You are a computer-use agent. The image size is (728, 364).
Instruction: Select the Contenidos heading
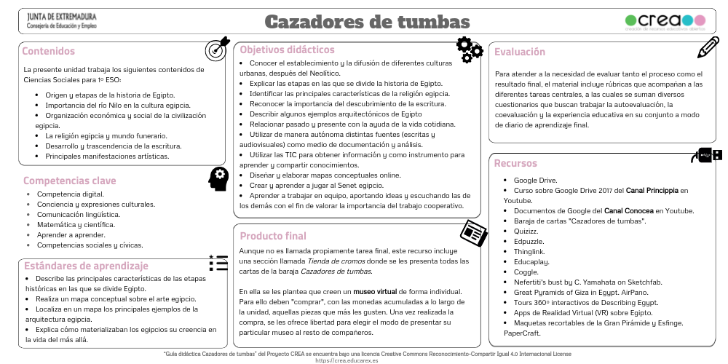tap(49, 51)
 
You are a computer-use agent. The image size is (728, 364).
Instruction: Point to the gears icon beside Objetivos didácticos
tap(469, 49)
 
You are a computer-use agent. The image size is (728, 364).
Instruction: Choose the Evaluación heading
tap(520, 52)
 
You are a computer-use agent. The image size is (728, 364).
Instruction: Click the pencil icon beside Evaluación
tap(708, 47)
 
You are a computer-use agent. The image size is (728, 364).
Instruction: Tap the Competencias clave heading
tap(70, 181)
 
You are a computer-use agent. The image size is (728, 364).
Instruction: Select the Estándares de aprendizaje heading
tap(86, 266)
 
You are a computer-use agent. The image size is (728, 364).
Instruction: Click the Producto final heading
tap(273, 236)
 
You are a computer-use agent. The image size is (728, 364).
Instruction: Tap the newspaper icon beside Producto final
tap(473, 232)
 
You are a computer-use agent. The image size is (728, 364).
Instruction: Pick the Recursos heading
tap(515, 163)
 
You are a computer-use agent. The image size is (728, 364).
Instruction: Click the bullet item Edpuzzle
tap(529, 241)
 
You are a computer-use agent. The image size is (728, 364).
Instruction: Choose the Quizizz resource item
tap(526, 231)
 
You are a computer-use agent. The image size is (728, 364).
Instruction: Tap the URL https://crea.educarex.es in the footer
tap(352, 360)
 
